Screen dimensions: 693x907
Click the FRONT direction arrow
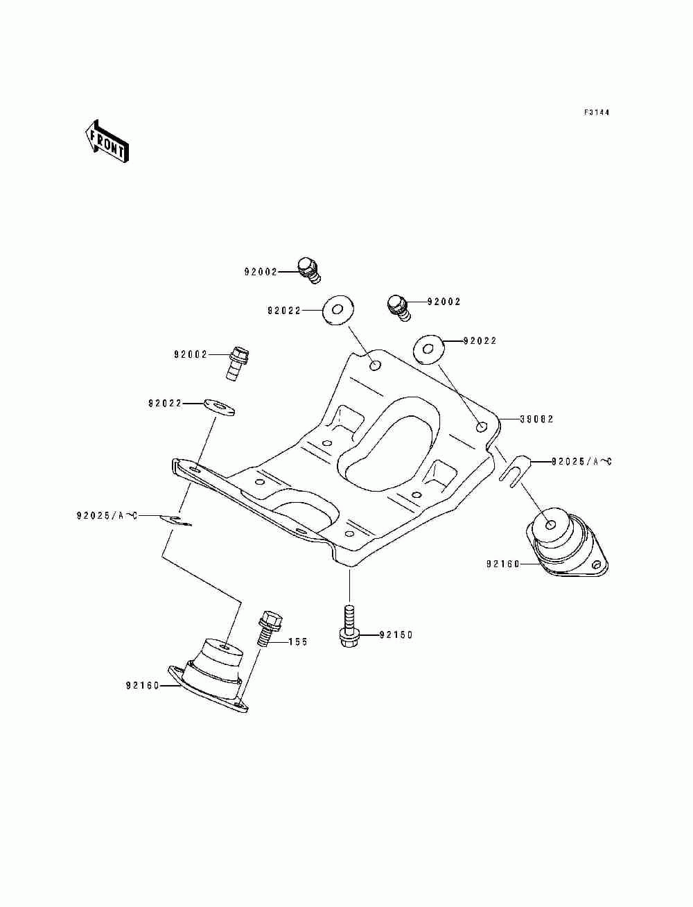[107, 141]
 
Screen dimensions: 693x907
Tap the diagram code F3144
[597, 112]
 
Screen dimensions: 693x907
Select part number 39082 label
[536, 419]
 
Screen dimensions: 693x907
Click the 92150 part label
[396, 634]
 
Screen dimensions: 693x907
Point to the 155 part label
[298, 641]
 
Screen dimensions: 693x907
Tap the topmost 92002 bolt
[308, 270]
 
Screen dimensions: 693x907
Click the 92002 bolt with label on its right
[398, 308]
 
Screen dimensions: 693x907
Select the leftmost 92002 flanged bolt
[238, 363]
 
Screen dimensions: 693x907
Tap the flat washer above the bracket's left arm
[219, 408]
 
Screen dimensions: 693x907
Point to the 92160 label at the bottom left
[143, 686]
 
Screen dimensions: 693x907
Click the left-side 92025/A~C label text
[107, 516]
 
